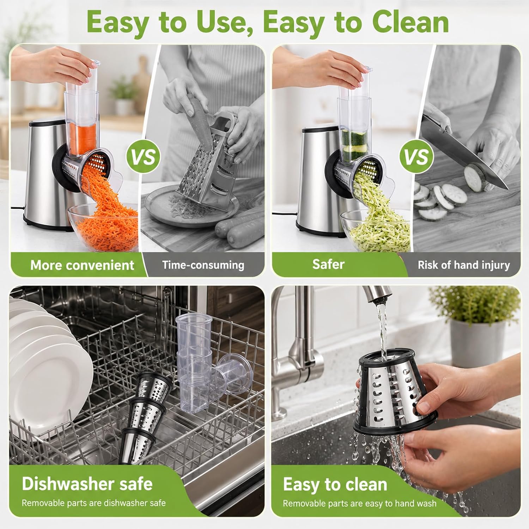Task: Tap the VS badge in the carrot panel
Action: (143, 157)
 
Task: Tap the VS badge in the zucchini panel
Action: (416, 157)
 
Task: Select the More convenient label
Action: (82, 265)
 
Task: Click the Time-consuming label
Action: (203, 265)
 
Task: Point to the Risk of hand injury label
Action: (464, 265)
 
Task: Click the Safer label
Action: (328, 264)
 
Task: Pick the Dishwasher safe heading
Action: (87, 484)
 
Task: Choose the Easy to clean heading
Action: (335, 484)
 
